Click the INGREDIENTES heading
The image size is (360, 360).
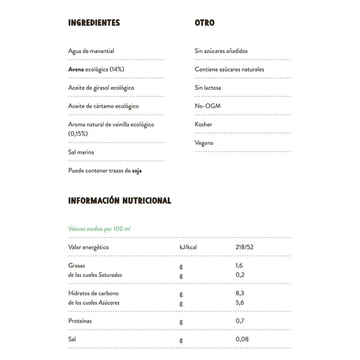point(94,22)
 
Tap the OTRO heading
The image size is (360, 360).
point(204,22)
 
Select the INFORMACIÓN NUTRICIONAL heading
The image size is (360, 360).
point(119,201)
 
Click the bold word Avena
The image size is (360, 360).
point(76,70)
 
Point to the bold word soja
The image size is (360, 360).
point(137,171)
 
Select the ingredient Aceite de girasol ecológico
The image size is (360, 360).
point(101,88)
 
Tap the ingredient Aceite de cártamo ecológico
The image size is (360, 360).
point(103,107)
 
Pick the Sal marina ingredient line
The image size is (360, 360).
point(81,152)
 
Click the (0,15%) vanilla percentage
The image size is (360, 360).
point(78,134)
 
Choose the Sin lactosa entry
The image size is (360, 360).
point(208,88)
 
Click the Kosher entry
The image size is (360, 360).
point(203,125)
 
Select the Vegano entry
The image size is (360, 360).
point(204,143)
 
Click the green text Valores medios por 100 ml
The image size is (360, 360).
point(99,229)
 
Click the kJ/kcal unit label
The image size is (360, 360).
point(189,247)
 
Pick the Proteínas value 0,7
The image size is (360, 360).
point(239,321)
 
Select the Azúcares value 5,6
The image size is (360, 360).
point(239,303)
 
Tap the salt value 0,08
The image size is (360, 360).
point(242,340)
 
